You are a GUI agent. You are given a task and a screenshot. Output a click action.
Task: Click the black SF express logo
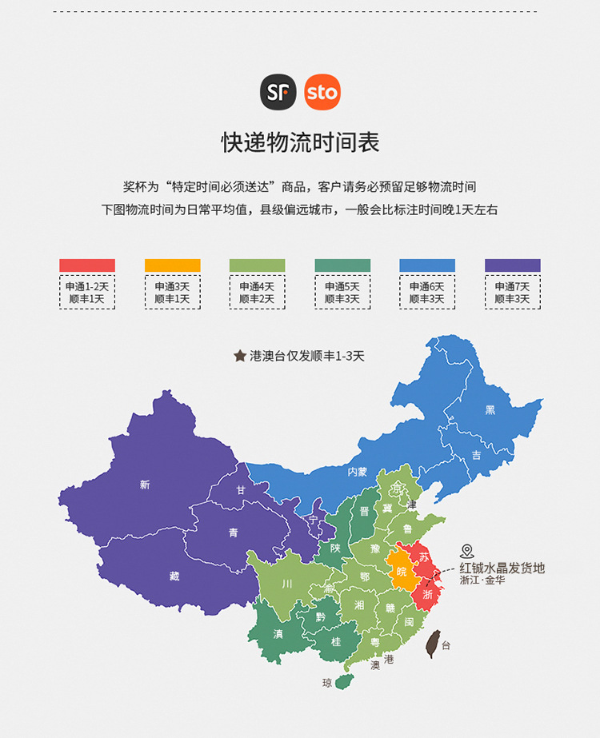[x=278, y=93]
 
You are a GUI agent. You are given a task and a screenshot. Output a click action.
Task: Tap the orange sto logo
[x=322, y=93]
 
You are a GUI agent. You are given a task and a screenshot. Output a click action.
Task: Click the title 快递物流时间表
[x=300, y=142]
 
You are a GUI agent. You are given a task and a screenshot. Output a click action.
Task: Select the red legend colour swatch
[x=87, y=265]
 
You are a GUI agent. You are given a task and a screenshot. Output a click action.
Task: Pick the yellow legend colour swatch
[x=172, y=265]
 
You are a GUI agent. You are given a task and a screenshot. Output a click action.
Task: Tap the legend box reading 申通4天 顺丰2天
[x=257, y=293]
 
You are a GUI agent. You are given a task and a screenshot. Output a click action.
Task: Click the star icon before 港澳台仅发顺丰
[x=239, y=356]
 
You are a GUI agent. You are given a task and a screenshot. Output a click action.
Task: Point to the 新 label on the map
[x=145, y=485]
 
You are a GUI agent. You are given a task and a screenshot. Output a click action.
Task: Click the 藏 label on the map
[x=174, y=576]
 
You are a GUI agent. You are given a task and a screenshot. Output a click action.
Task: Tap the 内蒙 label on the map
[x=357, y=472]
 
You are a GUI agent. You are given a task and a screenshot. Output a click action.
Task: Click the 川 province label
[x=286, y=584]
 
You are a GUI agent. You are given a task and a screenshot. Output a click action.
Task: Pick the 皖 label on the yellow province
[x=401, y=571]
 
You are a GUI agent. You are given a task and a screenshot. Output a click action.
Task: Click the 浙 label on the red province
[x=428, y=594]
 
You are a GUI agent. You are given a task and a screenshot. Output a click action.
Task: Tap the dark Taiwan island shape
[x=436, y=642]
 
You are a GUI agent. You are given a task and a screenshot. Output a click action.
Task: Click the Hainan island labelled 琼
[x=345, y=681]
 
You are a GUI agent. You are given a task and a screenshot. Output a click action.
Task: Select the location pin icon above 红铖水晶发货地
[x=467, y=552]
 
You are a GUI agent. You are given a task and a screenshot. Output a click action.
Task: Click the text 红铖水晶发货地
[x=502, y=568]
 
